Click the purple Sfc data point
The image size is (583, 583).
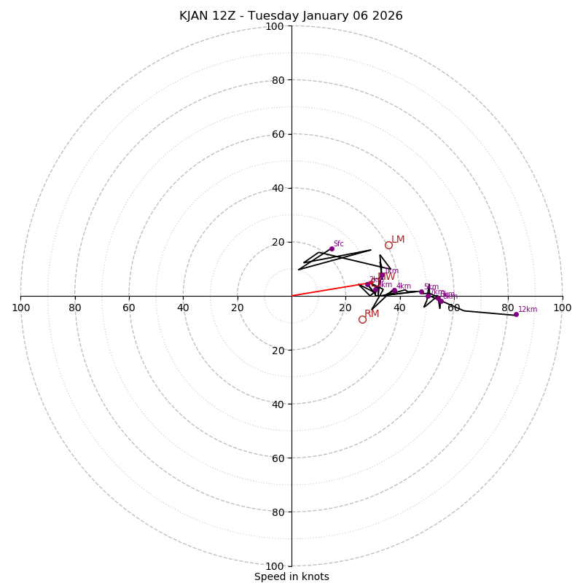(332, 249)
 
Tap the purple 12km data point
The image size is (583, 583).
(516, 314)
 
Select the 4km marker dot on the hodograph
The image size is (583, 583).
(394, 291)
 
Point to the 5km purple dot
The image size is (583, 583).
(421, 291)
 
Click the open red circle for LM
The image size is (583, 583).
(388, 245)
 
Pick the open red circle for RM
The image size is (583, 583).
(362, 319)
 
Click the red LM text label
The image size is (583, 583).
(398, 240)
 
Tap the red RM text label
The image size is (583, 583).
(372, 314)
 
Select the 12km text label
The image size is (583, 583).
(528, 310)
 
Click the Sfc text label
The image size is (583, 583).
(339, 244)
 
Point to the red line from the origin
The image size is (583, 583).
(328, 289)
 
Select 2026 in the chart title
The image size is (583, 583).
(387, 16)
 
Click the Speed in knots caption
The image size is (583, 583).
(291, 576)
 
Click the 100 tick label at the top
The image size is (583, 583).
(275, 26)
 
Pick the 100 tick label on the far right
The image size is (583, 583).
(563, 308)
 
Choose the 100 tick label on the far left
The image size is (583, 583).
(20, 308)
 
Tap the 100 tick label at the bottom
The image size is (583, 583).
(275, 566)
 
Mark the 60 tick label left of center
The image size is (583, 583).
(129, 308)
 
